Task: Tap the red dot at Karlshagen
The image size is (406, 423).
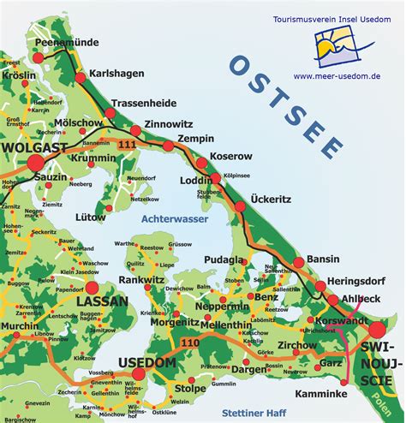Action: coord(81,78)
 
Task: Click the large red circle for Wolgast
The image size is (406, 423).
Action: coord(35,162)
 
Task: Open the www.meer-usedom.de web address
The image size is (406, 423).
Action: coord(338,75)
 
